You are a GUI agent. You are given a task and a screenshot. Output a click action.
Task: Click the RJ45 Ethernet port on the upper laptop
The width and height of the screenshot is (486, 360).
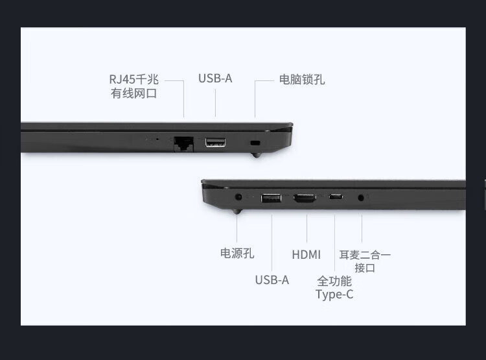point(184,144)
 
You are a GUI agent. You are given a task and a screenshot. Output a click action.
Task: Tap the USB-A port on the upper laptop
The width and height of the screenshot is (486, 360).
point(215,143)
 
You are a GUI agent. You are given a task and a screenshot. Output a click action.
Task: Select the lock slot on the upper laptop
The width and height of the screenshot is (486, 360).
point(255,143)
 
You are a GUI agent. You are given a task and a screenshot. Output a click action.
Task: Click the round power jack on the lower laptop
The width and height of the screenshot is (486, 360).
point(238,197)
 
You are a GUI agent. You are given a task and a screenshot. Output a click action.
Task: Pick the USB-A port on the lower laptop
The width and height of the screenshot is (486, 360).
point(272,198)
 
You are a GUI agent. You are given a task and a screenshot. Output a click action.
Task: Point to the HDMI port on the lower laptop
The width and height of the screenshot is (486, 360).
point(305,198)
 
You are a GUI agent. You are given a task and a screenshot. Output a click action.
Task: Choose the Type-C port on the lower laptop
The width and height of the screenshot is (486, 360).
point(336,197)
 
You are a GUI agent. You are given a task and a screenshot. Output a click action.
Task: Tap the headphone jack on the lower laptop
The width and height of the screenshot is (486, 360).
point(361,197)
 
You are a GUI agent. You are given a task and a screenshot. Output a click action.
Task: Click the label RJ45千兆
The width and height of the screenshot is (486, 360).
point(134,79)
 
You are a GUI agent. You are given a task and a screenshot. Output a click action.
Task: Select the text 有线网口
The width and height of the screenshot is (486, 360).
point(134,93)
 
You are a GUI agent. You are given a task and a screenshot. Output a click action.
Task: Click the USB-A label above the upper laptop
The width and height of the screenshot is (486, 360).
point(215,78)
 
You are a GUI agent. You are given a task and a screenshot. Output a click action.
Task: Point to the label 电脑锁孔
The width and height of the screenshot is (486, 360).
point(302,79)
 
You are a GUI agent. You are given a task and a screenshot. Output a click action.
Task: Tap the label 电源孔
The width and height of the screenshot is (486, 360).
point(237,253)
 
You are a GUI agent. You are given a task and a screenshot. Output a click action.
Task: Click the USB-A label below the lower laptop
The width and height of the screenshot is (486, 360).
point(272,280)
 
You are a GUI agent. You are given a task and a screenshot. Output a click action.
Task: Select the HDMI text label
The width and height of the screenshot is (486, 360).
point(307,254)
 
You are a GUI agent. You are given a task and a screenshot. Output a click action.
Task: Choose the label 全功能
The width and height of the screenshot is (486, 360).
point(334,281)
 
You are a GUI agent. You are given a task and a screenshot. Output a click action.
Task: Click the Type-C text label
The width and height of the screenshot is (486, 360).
point(334,294)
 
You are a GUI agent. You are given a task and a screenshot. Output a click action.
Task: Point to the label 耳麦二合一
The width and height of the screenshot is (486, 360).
point(365,255)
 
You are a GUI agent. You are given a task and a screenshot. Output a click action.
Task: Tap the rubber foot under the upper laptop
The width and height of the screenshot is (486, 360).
point(256,154)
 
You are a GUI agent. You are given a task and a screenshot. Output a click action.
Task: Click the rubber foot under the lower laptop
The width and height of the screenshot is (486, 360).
point(237,211)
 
